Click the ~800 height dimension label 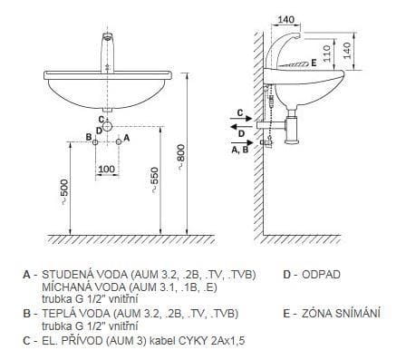pyautogui.click(x=180, y=157)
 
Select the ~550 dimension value pyautogui.click(x=154, y=180)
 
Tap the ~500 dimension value pyautogui.click(x=65, y=192)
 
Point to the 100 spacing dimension pyautogui.click(x=107, y=169)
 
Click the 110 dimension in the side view pyautogui.click(x=327, y=54)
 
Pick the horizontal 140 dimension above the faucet pyautogui.click(x=285, y=20)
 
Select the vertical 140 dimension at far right pyautogui.click(x=347, y=51)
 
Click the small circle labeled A pyautogui.click(x=119, y=141)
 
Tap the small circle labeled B pyautogui.click(x=95, y=142)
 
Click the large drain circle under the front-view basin pyautogui.click(x=107, y=126)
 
